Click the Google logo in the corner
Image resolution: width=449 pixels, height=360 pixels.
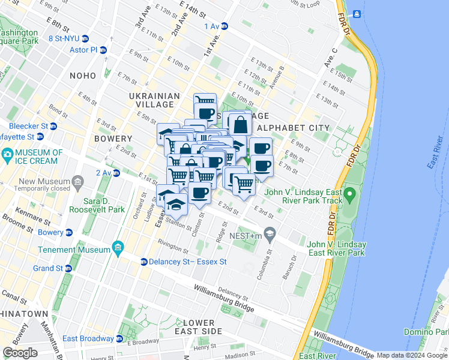[x=20, y=353]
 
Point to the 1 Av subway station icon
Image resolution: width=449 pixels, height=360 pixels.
[x=224, y=26]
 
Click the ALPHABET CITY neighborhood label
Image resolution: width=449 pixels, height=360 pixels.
[x=293, y=128]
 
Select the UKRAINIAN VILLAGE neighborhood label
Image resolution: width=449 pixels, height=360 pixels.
[x=154, y=100]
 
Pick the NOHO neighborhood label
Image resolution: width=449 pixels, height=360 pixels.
[x=82, y=76]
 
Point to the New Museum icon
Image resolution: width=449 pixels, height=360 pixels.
[x=78, y=181]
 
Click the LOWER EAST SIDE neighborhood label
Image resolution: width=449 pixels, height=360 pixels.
[x=198, y=327]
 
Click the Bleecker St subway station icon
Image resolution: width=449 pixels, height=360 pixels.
[x=53, y=127]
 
